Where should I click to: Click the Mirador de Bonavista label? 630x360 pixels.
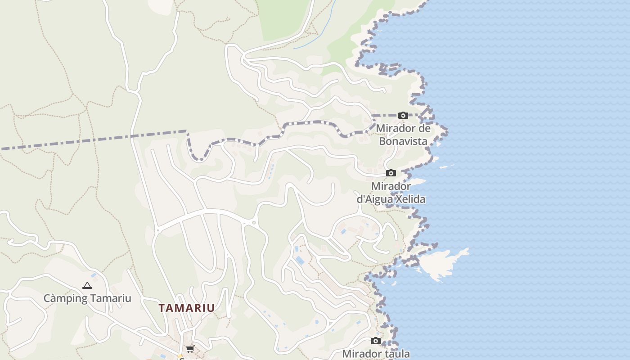(x=403, y=135)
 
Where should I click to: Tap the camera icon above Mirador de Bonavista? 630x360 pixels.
(x=403, y=116)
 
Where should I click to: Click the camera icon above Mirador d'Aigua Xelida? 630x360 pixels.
(x=391, y=173)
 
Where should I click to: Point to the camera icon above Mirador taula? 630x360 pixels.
(x=376, y=341)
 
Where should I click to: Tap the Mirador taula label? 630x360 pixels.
(x=376, y=354)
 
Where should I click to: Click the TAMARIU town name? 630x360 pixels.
(x=186, y=308)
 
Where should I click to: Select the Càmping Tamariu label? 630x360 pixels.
(x=87, y=298)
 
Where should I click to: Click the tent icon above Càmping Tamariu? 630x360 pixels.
(x=87, y=285)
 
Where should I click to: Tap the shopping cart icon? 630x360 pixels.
(x=190, y=349)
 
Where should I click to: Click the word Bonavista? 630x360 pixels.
(x=403, y=141)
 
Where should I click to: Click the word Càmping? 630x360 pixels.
(x=65, y=298)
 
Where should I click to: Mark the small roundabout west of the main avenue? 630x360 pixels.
(x=157, y=230)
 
